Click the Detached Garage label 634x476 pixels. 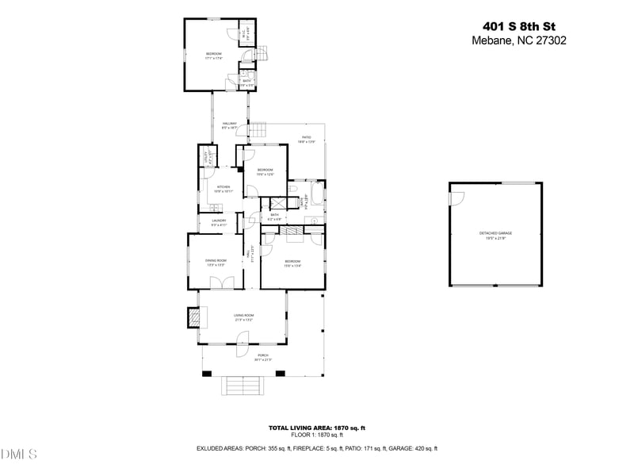tap(495, 233)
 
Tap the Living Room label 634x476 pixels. tap(243, 317)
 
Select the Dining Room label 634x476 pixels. tap(216, 261)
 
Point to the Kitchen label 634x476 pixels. tap(223, 188)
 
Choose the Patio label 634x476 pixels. tap(306, 139)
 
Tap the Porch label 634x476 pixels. tap(262, 356)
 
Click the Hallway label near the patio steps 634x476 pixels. tap(230, 125)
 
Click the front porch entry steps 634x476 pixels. tap(243, 386)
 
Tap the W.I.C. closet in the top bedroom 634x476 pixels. tap(246, 33)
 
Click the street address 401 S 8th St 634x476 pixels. tap(519, 25)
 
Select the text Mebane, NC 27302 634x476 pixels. tap(518, 40)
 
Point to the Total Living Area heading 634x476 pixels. tap(316, 428)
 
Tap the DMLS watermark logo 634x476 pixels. tap(19, 455)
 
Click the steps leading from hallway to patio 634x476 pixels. tap(258, 130)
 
